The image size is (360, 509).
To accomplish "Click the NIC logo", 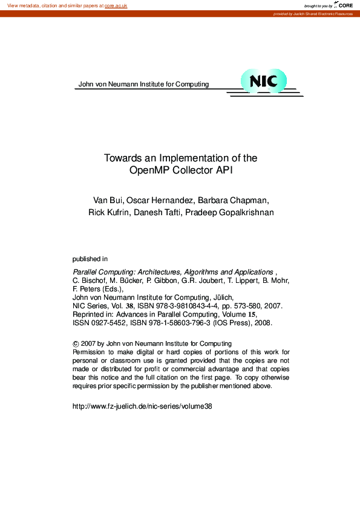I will tap(263, 81).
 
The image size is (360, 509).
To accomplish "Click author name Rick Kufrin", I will tap(109, 212).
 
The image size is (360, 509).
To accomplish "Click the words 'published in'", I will tap(90, 259).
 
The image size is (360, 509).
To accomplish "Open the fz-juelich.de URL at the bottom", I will tap(142, 406).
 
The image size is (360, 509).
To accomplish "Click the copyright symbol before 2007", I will tap(75, 344).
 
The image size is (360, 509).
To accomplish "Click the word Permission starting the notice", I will tap(89, 352).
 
